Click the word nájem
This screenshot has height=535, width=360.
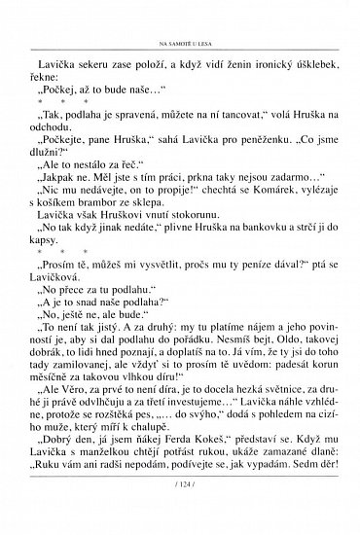tap(246, 354)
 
